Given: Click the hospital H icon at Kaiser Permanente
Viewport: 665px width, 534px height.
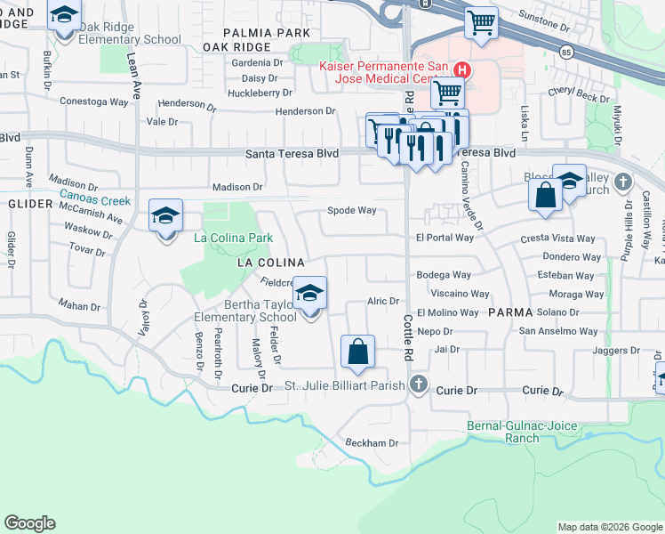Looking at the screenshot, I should click(461, 69).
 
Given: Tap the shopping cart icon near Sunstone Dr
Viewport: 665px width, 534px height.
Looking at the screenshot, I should click(481, 23).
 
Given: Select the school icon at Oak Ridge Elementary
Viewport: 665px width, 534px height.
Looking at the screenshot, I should click(64, 17).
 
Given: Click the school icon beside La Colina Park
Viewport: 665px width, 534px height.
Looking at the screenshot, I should click(165, 216).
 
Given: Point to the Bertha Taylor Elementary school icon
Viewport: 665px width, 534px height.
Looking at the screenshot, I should click(309, 294).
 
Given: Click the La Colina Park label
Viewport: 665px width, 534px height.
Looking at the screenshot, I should click(234, 239).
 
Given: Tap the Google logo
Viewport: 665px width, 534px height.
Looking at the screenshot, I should click(29, 523).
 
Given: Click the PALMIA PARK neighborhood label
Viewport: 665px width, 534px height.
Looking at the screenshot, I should click(254, 32).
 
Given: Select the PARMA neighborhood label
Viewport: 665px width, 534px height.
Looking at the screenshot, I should click(509, 313).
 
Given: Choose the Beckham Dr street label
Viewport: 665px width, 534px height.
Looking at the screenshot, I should click(371, 442).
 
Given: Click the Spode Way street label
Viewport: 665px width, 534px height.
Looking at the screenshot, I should click(352, 211).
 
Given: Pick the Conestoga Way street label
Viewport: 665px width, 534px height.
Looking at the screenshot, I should click(93, 101).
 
